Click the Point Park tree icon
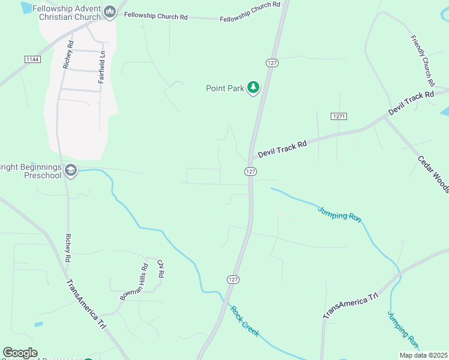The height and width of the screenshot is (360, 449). (x=254, y=88)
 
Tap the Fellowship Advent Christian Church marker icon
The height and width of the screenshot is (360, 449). (x=110, y=11)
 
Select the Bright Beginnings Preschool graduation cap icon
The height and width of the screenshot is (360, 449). (x=71, y=171)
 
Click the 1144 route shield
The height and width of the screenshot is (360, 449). (x=32, y=59)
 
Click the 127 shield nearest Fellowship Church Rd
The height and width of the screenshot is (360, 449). (x=272, y=62)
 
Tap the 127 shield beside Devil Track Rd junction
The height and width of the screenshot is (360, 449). (x=251, y=172)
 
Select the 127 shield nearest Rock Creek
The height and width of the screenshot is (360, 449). (x=233, y=280)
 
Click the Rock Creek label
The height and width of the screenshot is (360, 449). (x=245, y=322)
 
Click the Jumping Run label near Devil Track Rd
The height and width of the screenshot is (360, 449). (x=339, y=213)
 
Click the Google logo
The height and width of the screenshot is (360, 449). (x=20, y=353)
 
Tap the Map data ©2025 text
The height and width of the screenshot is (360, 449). (x=423, y=355)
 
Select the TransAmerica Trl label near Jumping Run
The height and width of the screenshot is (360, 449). (x=351, y=305)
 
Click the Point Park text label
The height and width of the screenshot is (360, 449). (x=225, y=88)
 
